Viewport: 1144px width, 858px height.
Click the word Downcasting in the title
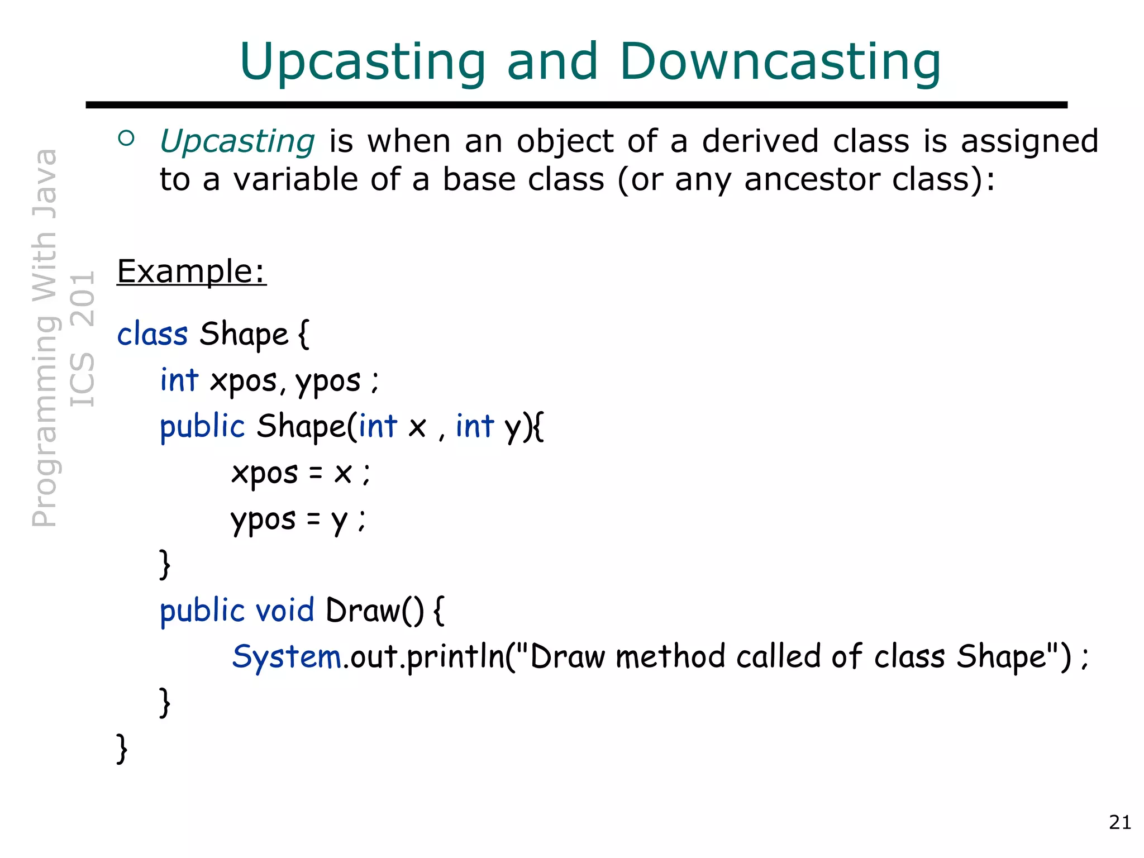coord(780,61)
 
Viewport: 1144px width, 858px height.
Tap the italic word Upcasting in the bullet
coord(237,141)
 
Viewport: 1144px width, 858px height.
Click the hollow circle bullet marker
coord(127,139)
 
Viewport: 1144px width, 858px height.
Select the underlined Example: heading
coord(192,271)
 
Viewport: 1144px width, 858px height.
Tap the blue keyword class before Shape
coord(152,335)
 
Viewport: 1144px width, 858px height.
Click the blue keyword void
coord(284,610)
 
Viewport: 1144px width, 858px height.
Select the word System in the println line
coord(287,656)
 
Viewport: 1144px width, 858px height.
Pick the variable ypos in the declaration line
coord(328,382)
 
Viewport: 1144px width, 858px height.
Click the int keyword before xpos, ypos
coord(179,381)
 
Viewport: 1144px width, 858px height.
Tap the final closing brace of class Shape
coord(122,749)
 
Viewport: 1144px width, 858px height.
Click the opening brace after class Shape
coord(304,335)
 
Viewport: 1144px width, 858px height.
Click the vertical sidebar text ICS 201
coord(83,339)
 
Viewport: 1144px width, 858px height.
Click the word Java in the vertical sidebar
coord(45,184)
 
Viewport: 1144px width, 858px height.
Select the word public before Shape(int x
coord(202,427)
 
